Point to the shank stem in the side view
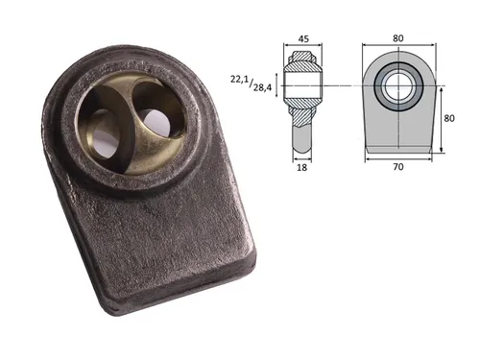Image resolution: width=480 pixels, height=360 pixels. click(x=303, y=134)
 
